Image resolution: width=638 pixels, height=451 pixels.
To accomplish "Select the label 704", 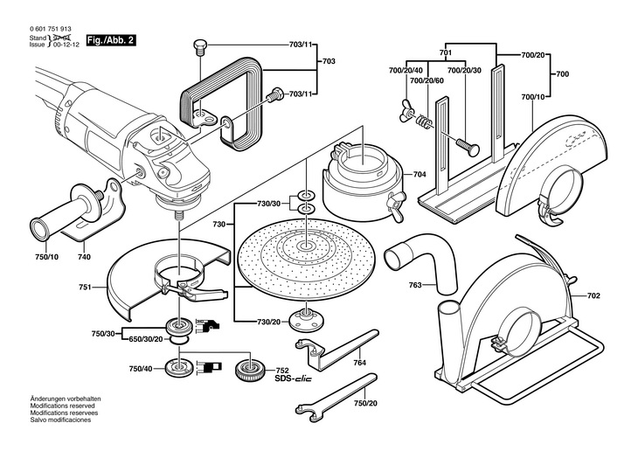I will pos(420,175).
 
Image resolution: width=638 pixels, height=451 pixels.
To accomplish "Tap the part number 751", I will pos(85,286).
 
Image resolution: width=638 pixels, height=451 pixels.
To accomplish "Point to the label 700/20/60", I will pos(426,80).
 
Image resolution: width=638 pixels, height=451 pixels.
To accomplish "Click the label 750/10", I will pos(47,256).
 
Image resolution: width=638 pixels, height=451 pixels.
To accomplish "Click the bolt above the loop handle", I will pos(198,45).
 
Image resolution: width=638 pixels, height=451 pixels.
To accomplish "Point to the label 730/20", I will pos(268,322).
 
